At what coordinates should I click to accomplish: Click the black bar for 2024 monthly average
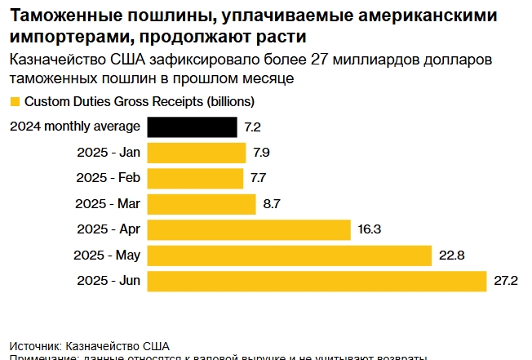coord(192,127)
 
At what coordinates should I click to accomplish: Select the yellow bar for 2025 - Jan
coord(196,153)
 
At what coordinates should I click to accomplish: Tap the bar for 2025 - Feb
coord(195,178)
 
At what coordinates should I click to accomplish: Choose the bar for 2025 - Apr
coord(248,229)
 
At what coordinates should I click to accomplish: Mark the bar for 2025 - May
coord(289,256)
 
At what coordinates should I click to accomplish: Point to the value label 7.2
coord(252,127)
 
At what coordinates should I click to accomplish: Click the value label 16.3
coord(369,229)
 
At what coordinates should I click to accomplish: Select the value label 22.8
coord(451,256)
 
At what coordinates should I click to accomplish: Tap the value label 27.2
coord(506,281)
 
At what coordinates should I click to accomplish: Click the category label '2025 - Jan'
coord(108,153)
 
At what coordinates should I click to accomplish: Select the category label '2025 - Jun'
coord(108,281)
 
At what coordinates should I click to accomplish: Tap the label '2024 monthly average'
coord(75,127)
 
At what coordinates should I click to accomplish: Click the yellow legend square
coord(15,102)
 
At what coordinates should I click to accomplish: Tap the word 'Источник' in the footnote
coord(34,345)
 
